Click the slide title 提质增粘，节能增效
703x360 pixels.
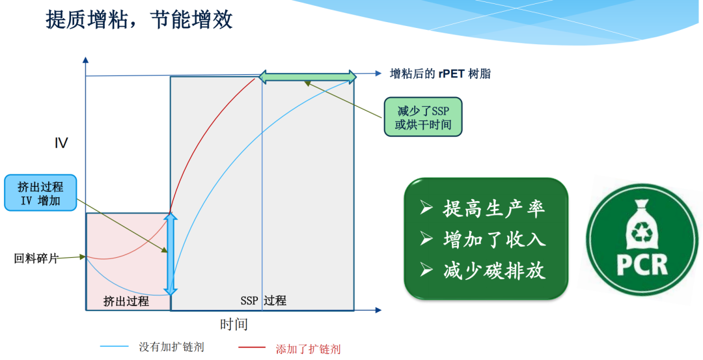coord(139,21)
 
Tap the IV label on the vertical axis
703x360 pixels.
coord(61,143)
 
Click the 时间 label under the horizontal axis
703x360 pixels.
coord(234,324)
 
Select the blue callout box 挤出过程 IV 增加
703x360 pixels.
coord(40,193)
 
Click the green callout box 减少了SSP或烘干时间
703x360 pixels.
coord(423,117)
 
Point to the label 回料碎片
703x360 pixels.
coord(36,258)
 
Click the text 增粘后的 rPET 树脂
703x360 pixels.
coord(440,74)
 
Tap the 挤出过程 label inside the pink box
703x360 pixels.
coord(126,301)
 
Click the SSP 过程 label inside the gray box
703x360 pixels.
coord(263,301)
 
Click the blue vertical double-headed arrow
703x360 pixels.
coord(171,254)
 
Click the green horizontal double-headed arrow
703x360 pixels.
coord(307,76)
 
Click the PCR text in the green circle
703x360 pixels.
coord(642,265)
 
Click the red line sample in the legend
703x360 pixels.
coord(252,348)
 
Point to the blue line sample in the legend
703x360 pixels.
coord(115,346)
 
